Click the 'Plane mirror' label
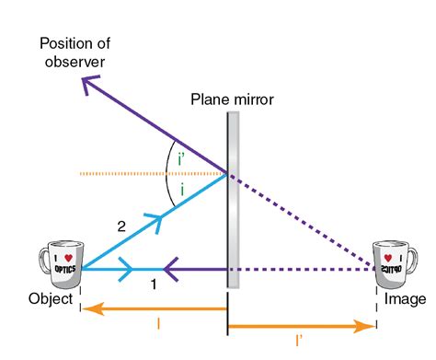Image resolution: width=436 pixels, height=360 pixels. click(x=232, y=99)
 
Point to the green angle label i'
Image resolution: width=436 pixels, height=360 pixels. click(x=180, y=157)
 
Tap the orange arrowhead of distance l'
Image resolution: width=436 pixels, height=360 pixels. click(x=367, y=325)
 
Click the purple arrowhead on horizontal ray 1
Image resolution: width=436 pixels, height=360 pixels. click(x=171, y=269)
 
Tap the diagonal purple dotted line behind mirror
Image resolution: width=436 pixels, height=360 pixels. click(x=304, y=221)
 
